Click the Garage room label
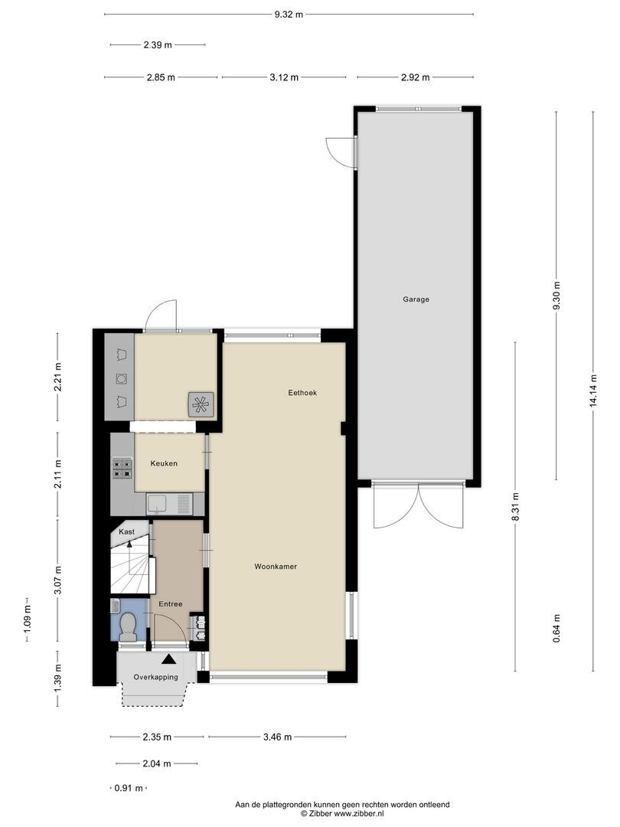(x=416, y=299)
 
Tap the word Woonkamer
(x=276, y=567)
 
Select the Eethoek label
(x=302, y=392)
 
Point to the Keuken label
(x=164, y=463)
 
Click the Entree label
(x=171, y=604)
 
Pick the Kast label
(x=126, y=531)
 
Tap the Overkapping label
(x=155, y=677)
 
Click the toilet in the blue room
(x=128, y=626)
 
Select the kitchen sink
(x=168, y=504)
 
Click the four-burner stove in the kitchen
(x=122, y=468)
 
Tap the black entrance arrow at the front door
(x=168, y=659)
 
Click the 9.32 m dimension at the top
(x=289, y=15)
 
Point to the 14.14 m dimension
(x=594, y=391)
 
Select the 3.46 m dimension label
(x=277, y=737)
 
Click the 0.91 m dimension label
(x=129, y=789)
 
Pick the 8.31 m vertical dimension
(x=516, y=506)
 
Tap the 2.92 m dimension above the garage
(x=416, y=77)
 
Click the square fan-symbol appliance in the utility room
(x=201, y=404)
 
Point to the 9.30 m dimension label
(x=556, y=296)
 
